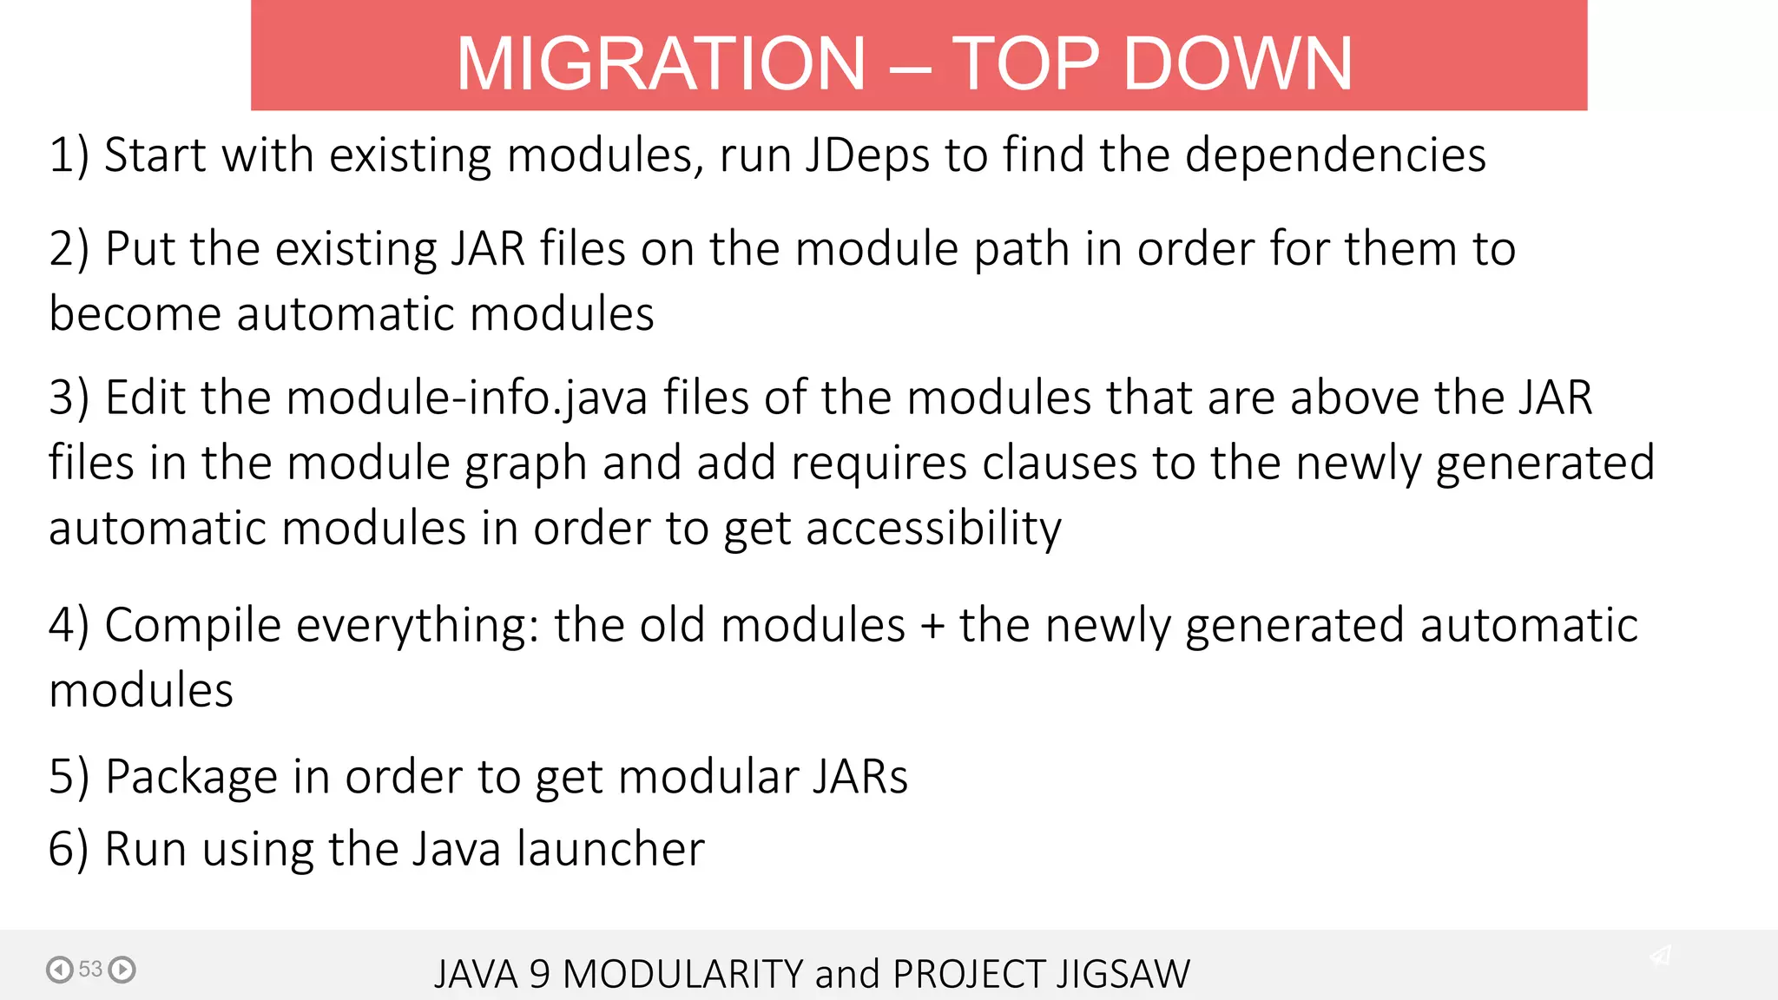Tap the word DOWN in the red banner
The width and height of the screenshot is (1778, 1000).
click(x=1238, y=63)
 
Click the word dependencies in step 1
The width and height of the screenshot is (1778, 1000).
click(x=1334, y=156)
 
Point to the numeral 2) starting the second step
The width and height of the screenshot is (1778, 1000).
click(x=69, y=250)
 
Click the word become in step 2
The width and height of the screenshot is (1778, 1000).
click(x=135, y=313)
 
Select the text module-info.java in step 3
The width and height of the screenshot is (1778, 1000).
click(x=466, y=398)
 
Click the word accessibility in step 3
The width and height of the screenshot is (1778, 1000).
click(x=933, y=529)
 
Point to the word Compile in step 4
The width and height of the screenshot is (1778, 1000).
click(x=193, y=626)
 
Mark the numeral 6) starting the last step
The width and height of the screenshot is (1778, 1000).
click(x=69, y=849)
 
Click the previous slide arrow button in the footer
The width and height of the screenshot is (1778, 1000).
click(x=60, y=969)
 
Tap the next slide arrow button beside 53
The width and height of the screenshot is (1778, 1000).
click(x=122, y=969)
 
